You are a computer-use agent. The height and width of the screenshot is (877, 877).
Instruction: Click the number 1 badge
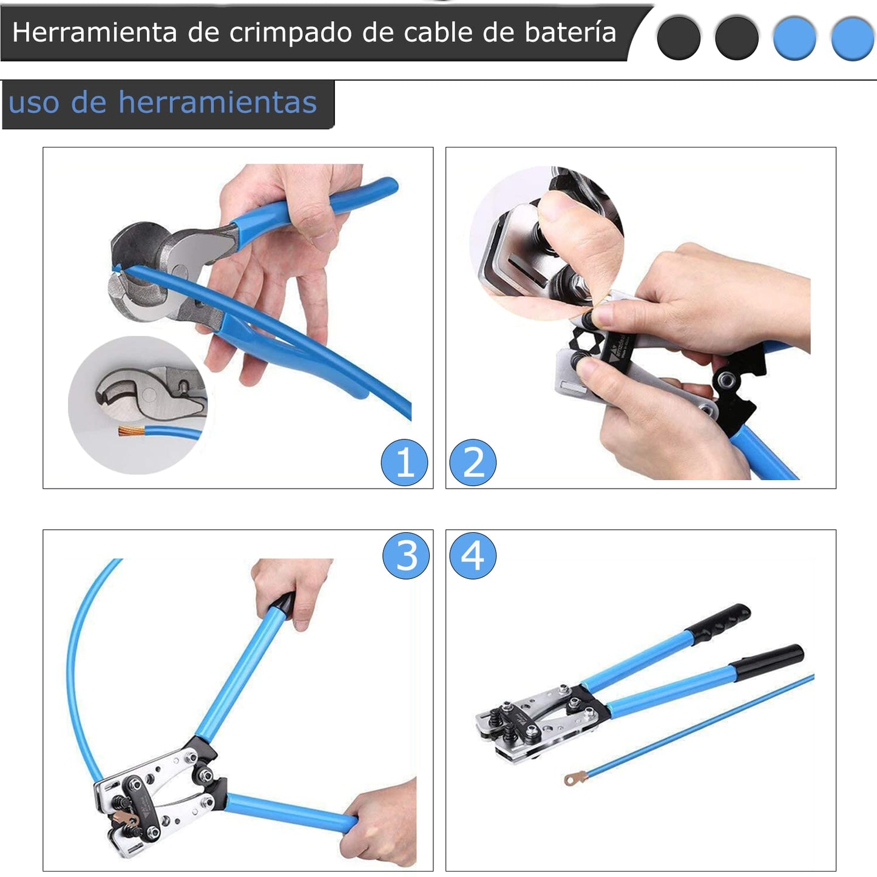(x=404, y=462)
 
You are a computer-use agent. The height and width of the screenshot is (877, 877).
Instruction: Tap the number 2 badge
(x=473, y=462)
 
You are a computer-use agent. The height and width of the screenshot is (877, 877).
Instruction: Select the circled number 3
(x=406, y=556)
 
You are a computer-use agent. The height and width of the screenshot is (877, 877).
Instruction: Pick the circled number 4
(x=473, y=556)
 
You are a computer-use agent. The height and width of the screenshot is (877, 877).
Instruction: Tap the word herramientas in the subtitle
(x=217, y=102)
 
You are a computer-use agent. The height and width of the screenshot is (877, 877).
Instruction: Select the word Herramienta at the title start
(x=94, y=33)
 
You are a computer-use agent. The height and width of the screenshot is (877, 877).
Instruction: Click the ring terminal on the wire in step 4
(x=575, y=778)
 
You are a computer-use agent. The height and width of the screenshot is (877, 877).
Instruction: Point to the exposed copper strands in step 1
(x=132, y=430)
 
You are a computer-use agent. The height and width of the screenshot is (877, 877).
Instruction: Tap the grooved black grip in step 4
(x=718, y=625)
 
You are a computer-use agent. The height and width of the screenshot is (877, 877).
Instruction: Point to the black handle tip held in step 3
(x=283, y=603)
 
